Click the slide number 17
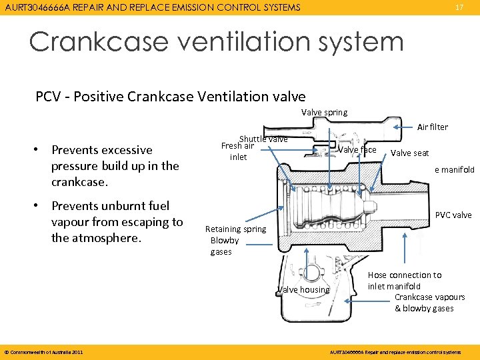459,7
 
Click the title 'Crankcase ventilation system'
216,42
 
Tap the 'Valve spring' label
324,112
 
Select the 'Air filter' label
432,127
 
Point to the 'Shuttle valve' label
263,139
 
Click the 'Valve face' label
357,150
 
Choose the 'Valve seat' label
409,153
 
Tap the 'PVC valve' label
453,215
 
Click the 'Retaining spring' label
235,229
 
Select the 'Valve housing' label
303,289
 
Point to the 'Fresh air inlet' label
237,151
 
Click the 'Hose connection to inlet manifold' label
404,281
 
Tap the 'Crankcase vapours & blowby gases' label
429,303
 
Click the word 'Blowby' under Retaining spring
224,240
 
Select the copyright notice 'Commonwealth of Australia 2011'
44,351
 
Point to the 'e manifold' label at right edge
455,169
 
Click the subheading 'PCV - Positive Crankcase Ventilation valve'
171,96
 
